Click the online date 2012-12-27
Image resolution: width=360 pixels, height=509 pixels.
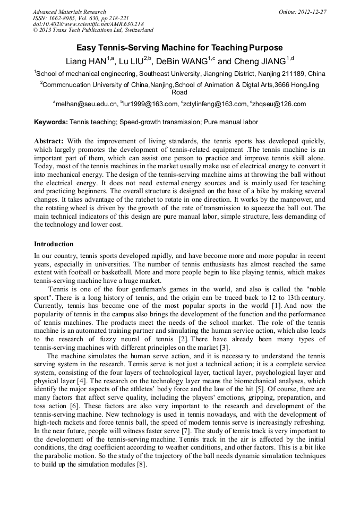[x=311, y=12]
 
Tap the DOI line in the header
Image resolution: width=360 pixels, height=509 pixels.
[x=88, y=24]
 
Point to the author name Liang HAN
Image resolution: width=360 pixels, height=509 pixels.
[x=86, y=62]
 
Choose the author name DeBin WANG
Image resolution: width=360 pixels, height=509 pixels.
[x=181, y=62]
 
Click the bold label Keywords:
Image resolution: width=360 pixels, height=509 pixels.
[x=51, y=122]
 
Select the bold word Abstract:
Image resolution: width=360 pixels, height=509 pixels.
[x=49, y=142]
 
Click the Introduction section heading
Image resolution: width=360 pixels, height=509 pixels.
[x=54, y=244]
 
